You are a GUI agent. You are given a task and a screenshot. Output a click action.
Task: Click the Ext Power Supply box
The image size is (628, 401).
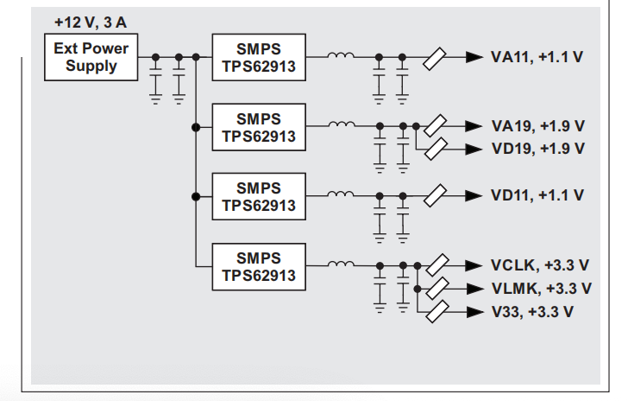91,57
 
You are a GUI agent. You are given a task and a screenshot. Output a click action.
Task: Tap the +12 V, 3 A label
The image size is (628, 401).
91,22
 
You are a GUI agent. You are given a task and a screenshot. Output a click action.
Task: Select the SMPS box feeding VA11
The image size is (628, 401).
259,57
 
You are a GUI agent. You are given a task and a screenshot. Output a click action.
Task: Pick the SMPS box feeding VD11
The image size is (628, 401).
259,197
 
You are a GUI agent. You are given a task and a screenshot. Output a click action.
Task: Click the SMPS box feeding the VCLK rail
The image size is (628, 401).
259,266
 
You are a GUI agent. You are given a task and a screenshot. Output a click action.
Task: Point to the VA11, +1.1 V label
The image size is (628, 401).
537,57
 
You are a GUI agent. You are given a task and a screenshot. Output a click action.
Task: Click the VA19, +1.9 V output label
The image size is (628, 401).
538,126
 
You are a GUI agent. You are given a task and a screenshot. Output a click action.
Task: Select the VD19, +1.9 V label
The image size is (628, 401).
538,149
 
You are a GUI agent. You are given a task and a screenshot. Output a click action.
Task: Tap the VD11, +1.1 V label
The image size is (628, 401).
537,195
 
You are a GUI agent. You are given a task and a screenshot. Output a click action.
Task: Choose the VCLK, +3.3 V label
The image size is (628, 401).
540,265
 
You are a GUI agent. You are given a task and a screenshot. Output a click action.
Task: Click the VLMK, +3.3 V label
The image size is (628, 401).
542,289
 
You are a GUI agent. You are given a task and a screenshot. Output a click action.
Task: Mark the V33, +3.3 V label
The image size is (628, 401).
532,312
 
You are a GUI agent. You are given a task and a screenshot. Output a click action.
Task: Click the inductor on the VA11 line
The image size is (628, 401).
341,55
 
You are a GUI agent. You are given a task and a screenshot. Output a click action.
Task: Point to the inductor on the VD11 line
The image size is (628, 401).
341,194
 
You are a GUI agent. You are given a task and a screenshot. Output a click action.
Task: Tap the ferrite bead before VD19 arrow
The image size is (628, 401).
436,149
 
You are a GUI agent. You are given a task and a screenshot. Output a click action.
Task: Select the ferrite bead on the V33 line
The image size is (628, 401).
437,311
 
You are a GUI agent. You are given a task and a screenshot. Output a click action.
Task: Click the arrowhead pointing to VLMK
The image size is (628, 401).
475,289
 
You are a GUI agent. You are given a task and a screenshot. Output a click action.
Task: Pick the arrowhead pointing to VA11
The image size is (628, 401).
474,57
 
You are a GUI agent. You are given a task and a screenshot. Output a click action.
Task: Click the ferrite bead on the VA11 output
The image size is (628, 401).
435,59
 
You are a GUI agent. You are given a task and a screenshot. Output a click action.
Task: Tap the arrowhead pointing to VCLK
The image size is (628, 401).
474,265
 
